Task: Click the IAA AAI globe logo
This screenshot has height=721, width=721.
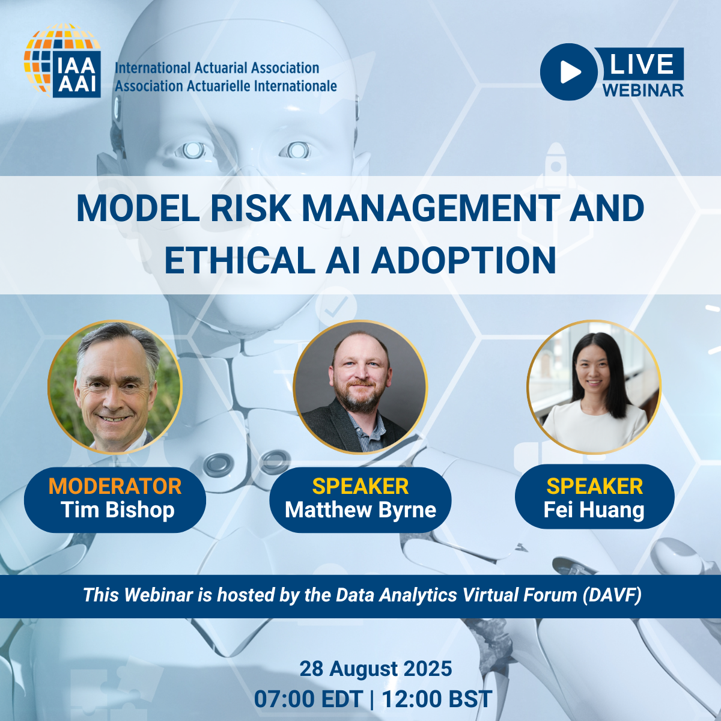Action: pos(62,61)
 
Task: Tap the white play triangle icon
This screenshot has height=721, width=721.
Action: pos(570,72)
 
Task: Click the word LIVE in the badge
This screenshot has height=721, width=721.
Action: pos(641,64)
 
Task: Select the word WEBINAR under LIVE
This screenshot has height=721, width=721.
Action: pos(643,90)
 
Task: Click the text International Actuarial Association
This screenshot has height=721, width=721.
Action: pos(217,68)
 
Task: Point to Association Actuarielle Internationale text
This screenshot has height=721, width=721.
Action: pos(226,86)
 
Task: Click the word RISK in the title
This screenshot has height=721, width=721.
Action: pos(251,208)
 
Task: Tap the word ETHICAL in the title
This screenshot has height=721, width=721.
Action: pos(240,260)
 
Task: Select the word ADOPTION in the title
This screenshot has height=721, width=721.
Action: pos(463,260)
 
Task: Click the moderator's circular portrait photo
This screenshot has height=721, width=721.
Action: pos(115,387)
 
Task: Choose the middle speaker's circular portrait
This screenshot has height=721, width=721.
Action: pos(360,387)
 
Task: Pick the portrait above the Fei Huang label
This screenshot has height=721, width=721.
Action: pos(594,387)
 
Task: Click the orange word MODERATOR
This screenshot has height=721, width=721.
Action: pos(115,486)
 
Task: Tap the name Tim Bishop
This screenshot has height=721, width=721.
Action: pos(118,510)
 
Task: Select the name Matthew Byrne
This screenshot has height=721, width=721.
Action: pos(360,510)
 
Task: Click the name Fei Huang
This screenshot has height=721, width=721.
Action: pos(594,510)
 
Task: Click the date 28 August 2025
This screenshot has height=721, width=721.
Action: pos(376,669)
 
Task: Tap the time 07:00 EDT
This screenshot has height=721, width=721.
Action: pos(309,699)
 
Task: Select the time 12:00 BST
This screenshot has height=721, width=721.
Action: pos(437,699)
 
